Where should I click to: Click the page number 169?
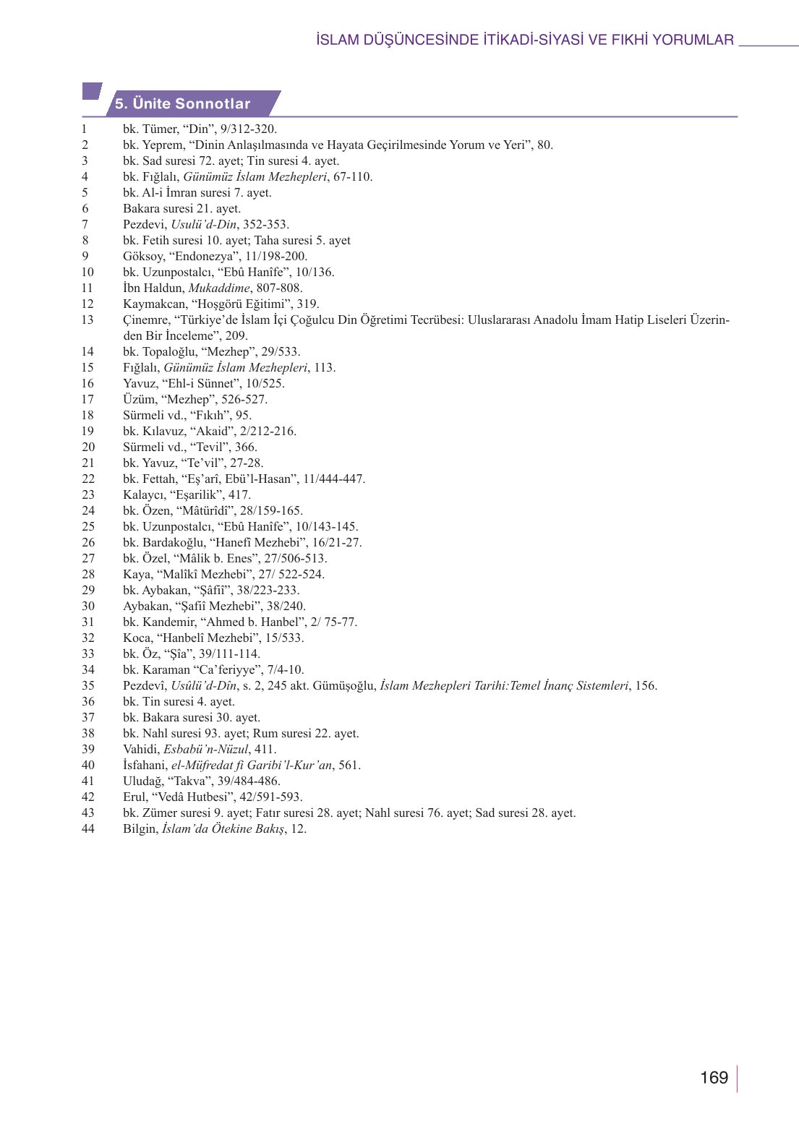(714, 1078)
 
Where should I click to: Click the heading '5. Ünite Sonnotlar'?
(182, 103)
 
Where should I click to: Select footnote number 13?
(87, 320)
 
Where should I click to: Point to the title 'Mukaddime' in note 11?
(219, 288)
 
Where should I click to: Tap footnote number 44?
(87, 828)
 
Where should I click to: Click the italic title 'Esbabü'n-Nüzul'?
(205, 749)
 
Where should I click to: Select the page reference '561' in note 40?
(349, 765)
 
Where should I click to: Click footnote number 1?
(85, 129)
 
